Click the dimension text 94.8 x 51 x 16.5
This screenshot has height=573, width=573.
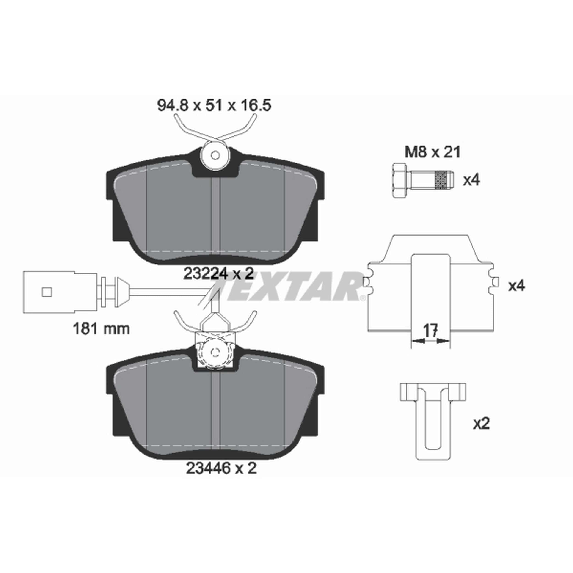tap(214, 106)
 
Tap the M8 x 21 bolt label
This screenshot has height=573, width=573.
tap(433, 152)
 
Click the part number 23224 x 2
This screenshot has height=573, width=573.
tap(219, 274)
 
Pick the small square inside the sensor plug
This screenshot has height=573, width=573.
tap(47, 292)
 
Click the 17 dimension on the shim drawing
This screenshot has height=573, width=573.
tap(430, 330)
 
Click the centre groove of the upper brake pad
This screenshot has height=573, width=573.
tap(216, 217)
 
